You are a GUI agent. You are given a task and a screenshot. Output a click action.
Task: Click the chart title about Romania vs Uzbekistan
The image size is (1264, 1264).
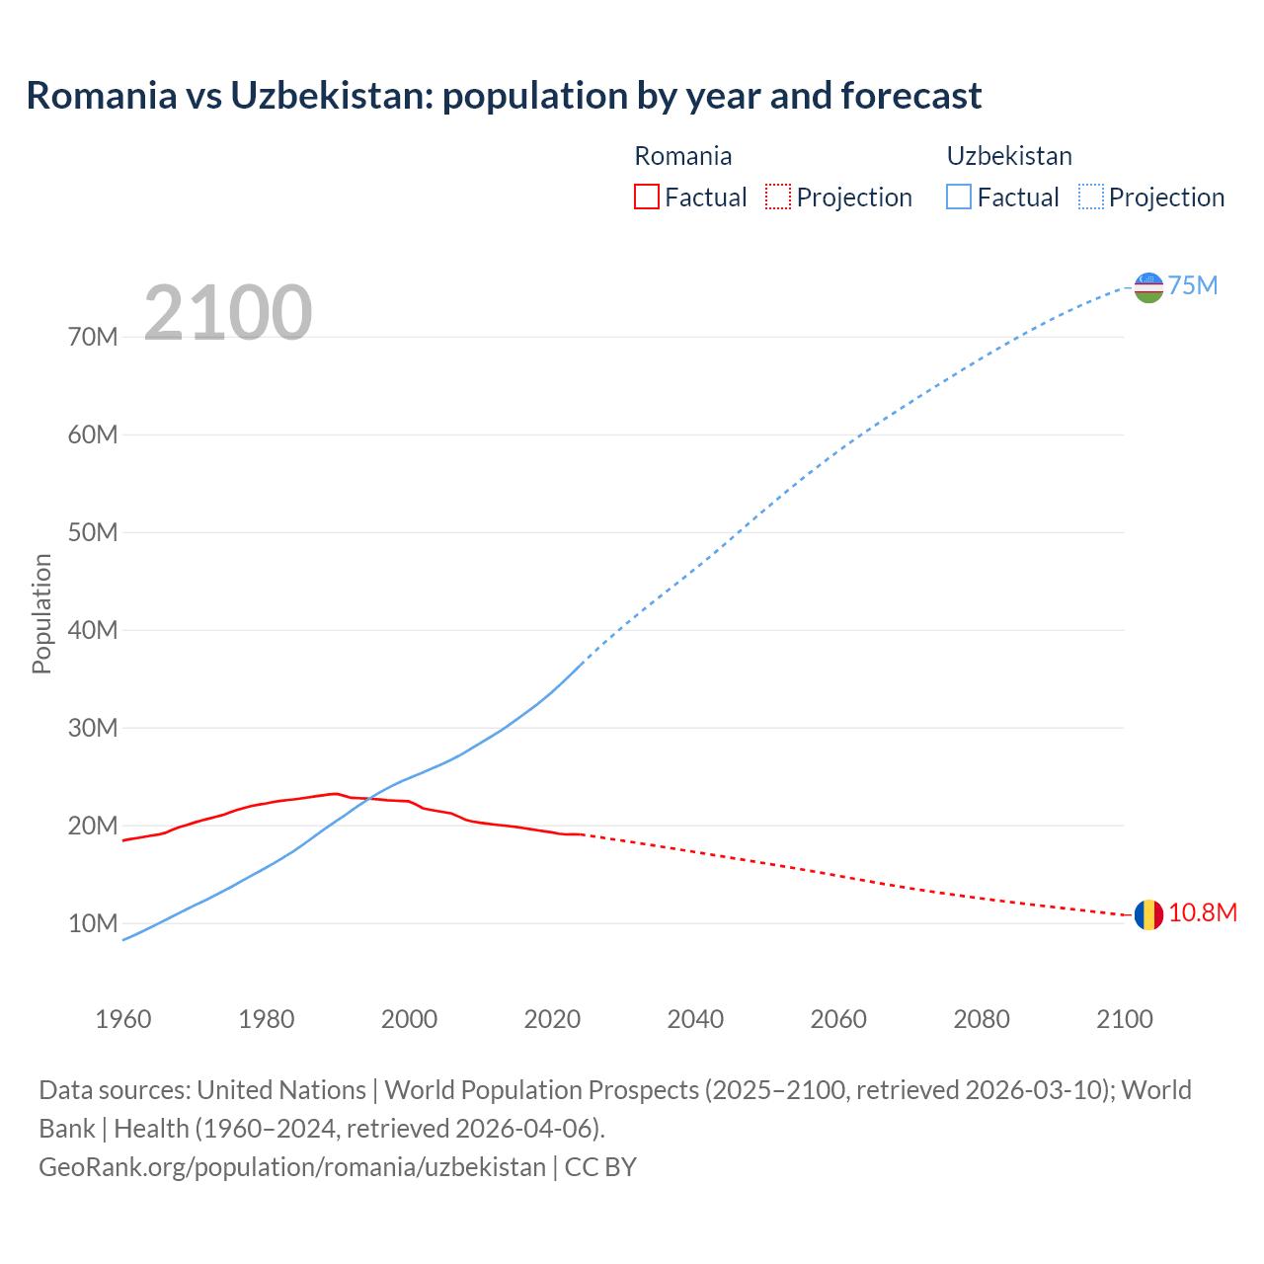[x=504, y=96]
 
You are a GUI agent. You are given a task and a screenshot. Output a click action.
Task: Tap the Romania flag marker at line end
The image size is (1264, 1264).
[x=1147, y=915]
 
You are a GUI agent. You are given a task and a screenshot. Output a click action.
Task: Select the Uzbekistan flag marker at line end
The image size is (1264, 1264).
[x=1148, y=287]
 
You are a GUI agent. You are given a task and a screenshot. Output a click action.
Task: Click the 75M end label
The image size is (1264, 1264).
[x=1193, y=286]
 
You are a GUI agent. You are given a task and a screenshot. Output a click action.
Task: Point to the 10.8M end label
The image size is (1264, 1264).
[x=1202, y=913]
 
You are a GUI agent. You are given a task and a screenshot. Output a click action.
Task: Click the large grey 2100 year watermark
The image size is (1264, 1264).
[x=228, y=313]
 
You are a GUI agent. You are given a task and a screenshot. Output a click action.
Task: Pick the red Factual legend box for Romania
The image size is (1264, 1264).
[x=646, y=197]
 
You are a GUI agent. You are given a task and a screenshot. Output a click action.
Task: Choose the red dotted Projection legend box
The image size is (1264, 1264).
[x=778, y=197]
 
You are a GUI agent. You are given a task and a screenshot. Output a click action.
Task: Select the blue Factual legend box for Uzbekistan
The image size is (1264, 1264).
[x=959, y=197]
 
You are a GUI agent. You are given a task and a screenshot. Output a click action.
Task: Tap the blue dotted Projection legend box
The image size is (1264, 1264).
[x=1091, y=197]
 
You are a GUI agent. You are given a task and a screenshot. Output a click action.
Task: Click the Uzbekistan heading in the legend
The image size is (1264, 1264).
[x=1009, y=156]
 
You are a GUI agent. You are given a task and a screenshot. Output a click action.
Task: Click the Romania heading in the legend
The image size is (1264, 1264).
[x=683, y=156]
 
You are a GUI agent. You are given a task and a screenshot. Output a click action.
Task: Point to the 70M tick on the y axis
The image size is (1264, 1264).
[x=93, y=338]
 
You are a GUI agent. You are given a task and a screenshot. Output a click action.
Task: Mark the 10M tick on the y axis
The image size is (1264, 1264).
[x=93, y=924]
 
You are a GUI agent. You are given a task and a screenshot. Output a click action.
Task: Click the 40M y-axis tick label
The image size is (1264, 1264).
[x=93, y=631]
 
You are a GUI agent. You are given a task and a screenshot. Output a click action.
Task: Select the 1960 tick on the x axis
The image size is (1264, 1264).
[x=123, y=1019]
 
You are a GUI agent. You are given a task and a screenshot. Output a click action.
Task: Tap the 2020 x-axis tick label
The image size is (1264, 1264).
[x=552, y=1019]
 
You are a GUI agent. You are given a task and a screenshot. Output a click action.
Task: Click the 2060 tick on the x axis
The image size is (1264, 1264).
[x=838, y=1019]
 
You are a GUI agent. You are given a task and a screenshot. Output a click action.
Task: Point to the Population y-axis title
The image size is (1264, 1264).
[x=41, y=613]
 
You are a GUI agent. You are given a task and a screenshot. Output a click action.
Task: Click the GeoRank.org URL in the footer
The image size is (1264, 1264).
[x=292, y=1167]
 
